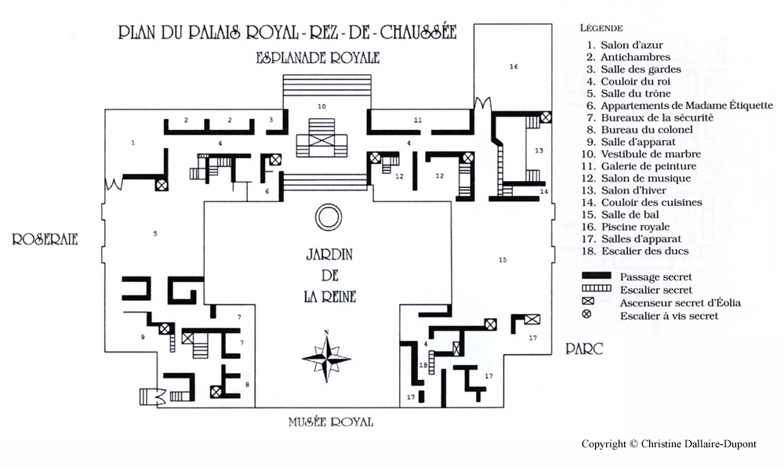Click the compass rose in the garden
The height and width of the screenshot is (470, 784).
[326, 358]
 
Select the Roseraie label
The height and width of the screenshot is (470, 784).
[45, 239]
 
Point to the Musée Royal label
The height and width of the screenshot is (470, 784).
[331, 422]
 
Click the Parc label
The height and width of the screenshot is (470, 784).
[584, 349]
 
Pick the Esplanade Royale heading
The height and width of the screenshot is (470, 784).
[318, 58]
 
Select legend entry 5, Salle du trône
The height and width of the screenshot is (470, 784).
[629, 93]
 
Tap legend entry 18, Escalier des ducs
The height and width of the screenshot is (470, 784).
[635, 251]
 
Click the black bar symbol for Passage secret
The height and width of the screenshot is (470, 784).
[597, 275]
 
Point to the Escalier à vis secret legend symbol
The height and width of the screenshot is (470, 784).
[586, 314]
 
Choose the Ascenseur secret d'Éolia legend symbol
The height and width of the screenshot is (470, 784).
[588, 301]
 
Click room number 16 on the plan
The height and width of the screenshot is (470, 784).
[514, 67]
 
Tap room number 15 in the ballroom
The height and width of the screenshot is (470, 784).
[503, 259]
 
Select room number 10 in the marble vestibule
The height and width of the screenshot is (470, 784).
[321, 107]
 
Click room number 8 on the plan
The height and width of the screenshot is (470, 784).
[247, 385]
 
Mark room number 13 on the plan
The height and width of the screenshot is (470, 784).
[539, 150]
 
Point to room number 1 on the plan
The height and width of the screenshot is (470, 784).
[133, 143]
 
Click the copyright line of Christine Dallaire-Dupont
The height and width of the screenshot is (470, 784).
[669, 443]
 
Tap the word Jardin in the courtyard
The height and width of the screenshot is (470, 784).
[329, 255]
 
